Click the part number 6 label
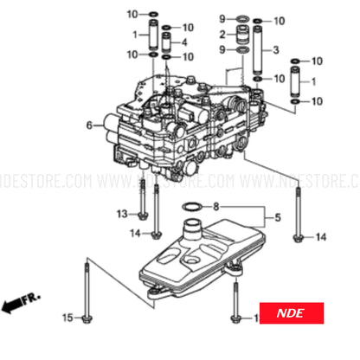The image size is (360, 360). (88, 126)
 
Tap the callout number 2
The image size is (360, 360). (222, 35)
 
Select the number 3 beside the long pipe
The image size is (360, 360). (274, 51)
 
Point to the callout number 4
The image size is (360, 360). (183, 42)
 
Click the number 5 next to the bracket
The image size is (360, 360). (277, 217)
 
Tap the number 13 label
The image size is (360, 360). (121, 213)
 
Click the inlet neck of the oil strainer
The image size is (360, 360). (194, 230)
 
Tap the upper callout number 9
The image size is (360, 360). (222, 19)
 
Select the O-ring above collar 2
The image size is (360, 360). (242, 19)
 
